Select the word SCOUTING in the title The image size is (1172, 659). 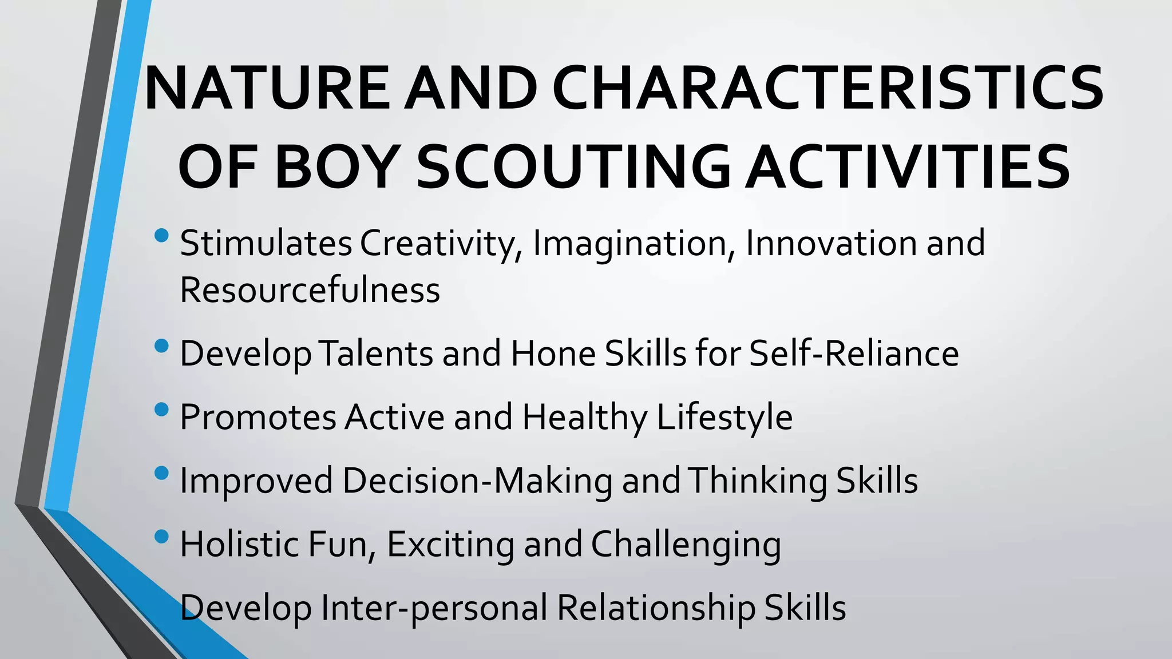coord(573,166)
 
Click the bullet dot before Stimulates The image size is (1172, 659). coord(162,235)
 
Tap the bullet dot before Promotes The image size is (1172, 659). coord(162,410)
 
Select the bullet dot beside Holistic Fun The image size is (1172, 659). coord(162,537)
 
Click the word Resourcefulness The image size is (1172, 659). coord(310,290)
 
